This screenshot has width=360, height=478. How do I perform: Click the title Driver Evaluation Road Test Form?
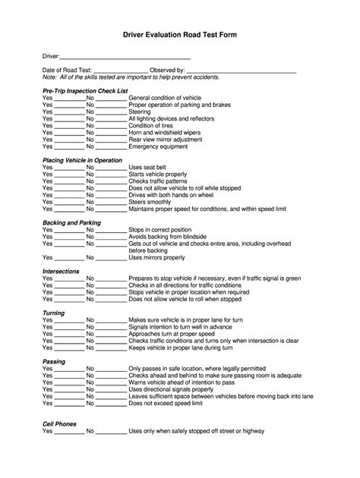coord(180,36)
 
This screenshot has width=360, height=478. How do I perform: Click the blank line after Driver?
coord(125,58)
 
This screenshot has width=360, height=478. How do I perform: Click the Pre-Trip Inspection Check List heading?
coord(85,90)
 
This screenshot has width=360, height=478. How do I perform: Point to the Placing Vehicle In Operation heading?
coord(82,160)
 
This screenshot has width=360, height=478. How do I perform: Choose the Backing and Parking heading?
coord(71,222)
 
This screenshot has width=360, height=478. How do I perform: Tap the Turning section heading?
coord(53,313)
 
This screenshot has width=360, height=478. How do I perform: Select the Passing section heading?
coord(54,362)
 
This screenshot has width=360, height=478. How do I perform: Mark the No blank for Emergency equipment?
coord(111,146)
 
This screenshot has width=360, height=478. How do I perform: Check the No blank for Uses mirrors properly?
coord(111,258)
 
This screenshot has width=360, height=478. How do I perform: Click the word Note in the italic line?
coord(49,77)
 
